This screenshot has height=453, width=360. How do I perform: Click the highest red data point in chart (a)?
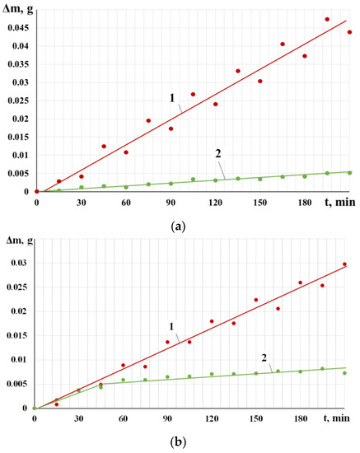point(327,19)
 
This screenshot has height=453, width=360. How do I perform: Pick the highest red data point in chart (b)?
point(344,264)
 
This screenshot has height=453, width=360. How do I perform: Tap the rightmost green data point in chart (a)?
point(349,172)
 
